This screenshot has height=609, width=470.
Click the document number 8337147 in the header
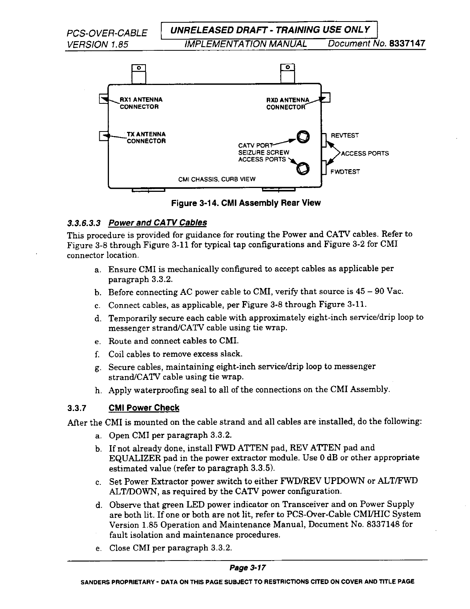click(x=406, y=44)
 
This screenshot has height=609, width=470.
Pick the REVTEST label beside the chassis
click(x=345, y=135)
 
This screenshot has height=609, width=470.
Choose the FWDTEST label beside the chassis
click(x=345, y=171)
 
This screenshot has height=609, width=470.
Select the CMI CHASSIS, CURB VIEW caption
click(x=217, y=179)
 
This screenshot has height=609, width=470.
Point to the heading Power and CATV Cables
click(x=157, y=223)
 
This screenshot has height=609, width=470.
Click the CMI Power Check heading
click(x=144, y=408)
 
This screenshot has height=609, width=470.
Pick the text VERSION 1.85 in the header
click(x=97, y=44)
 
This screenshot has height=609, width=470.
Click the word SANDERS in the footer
click(x=94, y=582)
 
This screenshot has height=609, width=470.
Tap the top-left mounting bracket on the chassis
click(x=139, y=73)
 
